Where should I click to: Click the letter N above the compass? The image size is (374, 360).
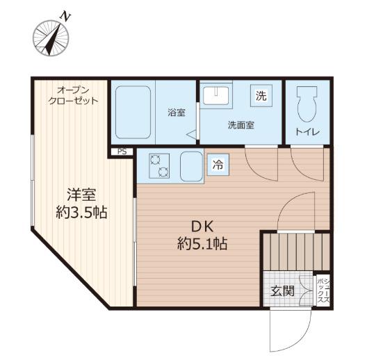65,16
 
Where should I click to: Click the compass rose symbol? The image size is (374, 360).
51,38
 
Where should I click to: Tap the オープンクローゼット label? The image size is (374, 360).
73,96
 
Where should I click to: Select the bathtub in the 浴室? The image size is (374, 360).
133,113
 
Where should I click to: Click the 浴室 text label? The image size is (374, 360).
177,113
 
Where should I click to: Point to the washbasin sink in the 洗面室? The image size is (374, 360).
216,95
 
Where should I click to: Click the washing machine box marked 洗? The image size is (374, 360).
261,96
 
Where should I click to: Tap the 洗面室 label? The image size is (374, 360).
241,125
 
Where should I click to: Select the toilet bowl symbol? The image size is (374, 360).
307,104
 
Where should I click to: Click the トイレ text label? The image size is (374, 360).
307,132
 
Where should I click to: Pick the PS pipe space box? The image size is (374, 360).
122,152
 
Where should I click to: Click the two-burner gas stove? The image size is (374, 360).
159,166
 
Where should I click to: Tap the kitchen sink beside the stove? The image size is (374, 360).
192,166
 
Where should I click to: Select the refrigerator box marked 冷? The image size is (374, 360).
218,165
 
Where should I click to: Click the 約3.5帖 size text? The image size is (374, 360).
81,212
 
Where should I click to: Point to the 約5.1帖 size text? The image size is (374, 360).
202,244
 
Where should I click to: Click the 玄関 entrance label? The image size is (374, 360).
282,291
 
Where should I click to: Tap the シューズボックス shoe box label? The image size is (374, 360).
323,291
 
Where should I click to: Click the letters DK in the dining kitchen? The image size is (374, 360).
202,227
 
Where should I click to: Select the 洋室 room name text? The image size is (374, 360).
81,195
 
